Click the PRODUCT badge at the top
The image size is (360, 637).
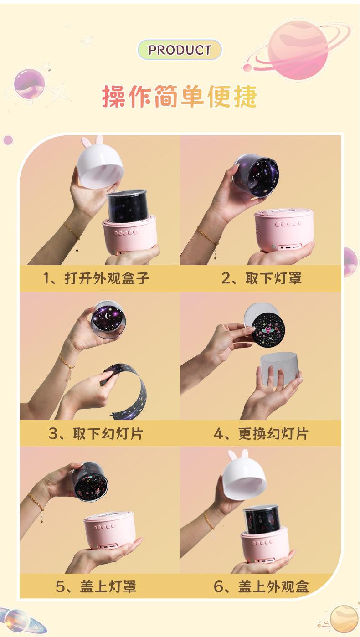180,50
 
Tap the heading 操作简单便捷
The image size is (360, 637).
180,96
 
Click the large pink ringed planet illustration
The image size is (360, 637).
297,50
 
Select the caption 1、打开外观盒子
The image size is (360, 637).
96,278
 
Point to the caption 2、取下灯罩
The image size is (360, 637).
261,278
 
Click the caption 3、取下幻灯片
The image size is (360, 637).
96,434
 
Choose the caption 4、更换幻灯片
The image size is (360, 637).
261,434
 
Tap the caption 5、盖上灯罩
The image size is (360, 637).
96,586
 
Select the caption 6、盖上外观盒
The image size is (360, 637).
261,586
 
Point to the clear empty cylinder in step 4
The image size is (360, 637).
279,370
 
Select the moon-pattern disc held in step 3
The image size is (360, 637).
108,319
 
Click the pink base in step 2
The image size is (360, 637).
284,231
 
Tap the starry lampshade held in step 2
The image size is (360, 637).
257,175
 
